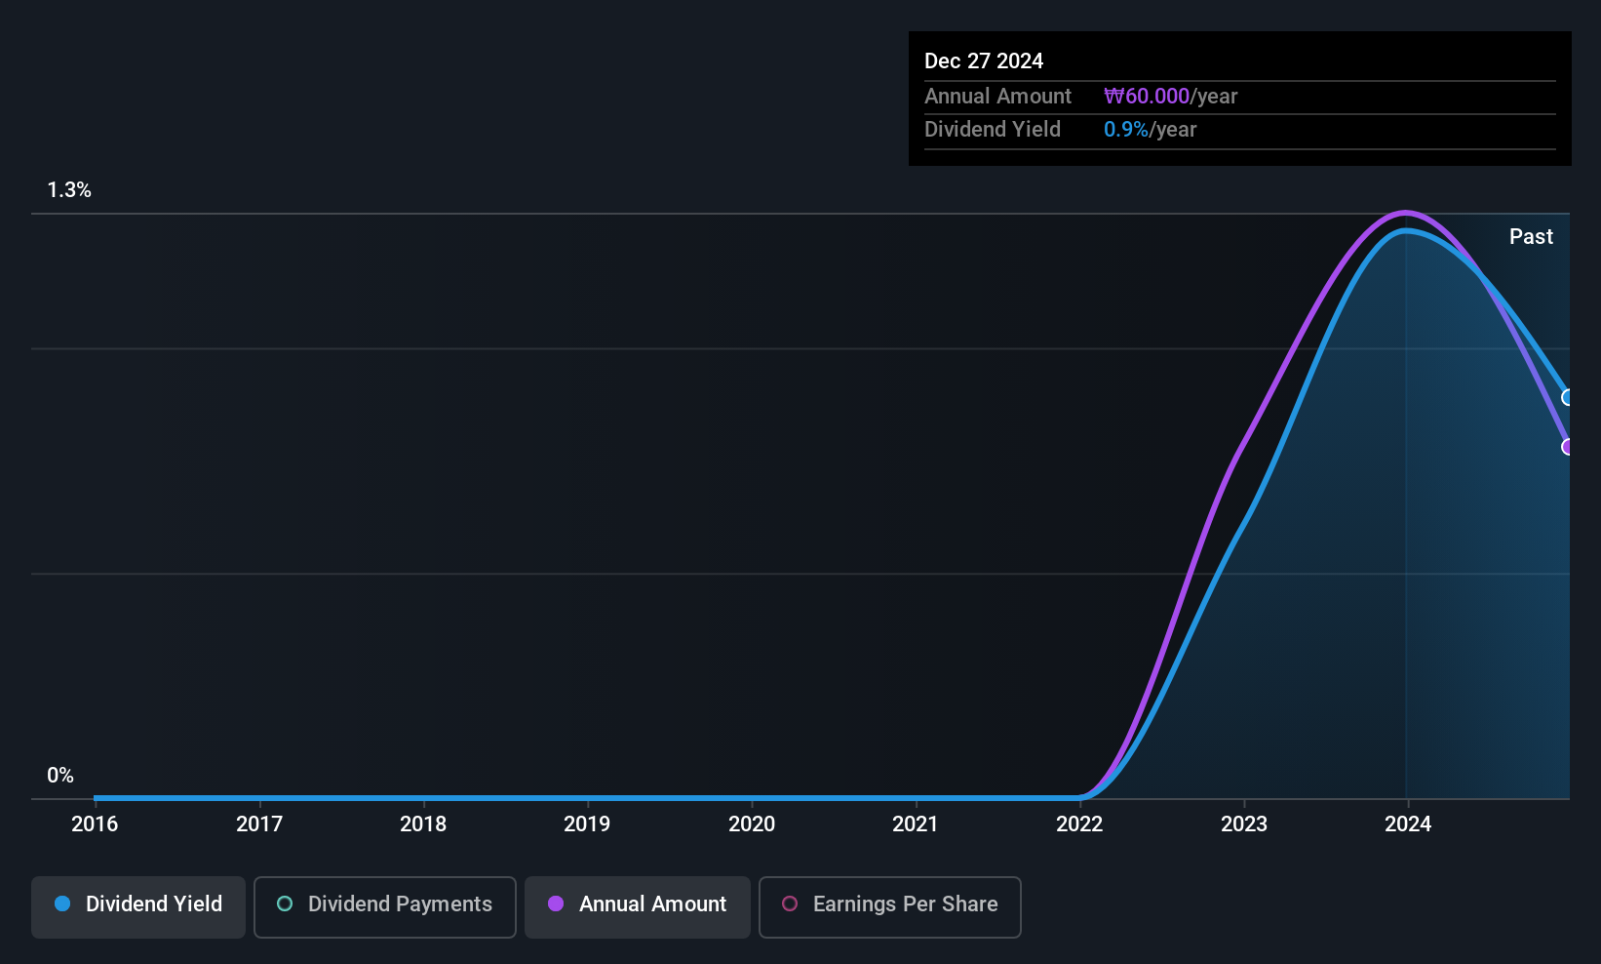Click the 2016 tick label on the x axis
click(95, 823)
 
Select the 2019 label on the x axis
click(587, 823)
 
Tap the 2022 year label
click(1079, 823)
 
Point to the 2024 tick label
click(1408, 823)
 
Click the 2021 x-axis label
click(916, 823)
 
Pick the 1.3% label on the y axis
click(69, 190)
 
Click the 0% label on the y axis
click(60, 776)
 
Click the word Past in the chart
click(1531, 236)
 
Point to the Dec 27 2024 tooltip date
click(984, 60)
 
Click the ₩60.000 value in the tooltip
click(1147, 96)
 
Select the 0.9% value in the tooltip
click(1126, 130)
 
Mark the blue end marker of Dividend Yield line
click(1568, 397)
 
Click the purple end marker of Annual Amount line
click(1568, 447)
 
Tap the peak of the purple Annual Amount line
click(1405, 212)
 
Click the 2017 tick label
click(259, 823)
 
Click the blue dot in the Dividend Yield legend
click(62, 904)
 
